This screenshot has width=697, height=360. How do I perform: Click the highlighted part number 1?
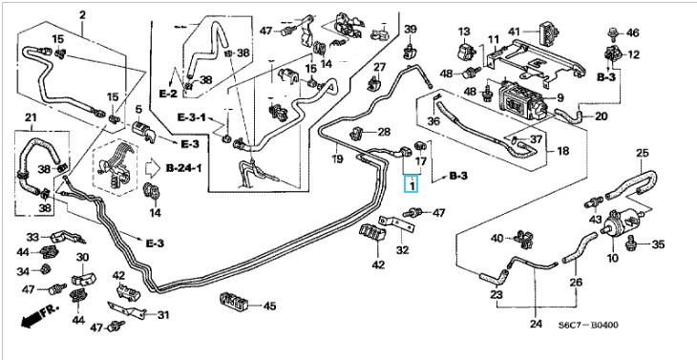pyautogui.click(x=412, y=183)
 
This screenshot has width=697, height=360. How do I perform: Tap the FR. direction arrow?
pyautogui.click(x=39, y=316)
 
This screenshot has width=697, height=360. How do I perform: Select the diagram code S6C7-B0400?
pyautogui.click(x=588, y=326)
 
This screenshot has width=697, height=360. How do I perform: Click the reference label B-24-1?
pyautogui.click(x=183, y=168)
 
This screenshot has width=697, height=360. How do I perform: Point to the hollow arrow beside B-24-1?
pyautogui.click(x=153, y=168)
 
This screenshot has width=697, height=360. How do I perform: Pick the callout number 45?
pyautogui.click(x=269, y=306)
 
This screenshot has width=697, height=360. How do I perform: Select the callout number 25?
pyautogui.click(x=642, y=154)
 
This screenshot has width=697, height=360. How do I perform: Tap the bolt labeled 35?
pyautogui.click(x=630, y=244)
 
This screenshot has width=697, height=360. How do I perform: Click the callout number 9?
pyautogui.click(x=560, y=96)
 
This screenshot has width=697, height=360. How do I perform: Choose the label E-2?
pyautogui.click(x=168, y=94)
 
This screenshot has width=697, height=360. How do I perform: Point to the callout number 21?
pyautogui.click(x=31, y=117)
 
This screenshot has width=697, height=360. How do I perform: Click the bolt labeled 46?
pyautogui.click(x=613, y=32)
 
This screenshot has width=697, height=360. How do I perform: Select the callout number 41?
pyautogui.click(x=514, y=32)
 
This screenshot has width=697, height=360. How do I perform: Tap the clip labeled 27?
pyautogui.click(x=374, y=83)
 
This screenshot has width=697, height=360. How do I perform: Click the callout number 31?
pyautogui.click(x=163, y=315)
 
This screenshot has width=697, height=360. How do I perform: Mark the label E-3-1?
pyautogui.click(x=192, y=117)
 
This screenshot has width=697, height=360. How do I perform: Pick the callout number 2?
pyautogui.click(x=82, y=15)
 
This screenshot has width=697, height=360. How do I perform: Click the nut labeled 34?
pyautogui.click(x=45, y=269)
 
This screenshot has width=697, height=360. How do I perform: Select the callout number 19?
pyautogui.click(x=337, y=159)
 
